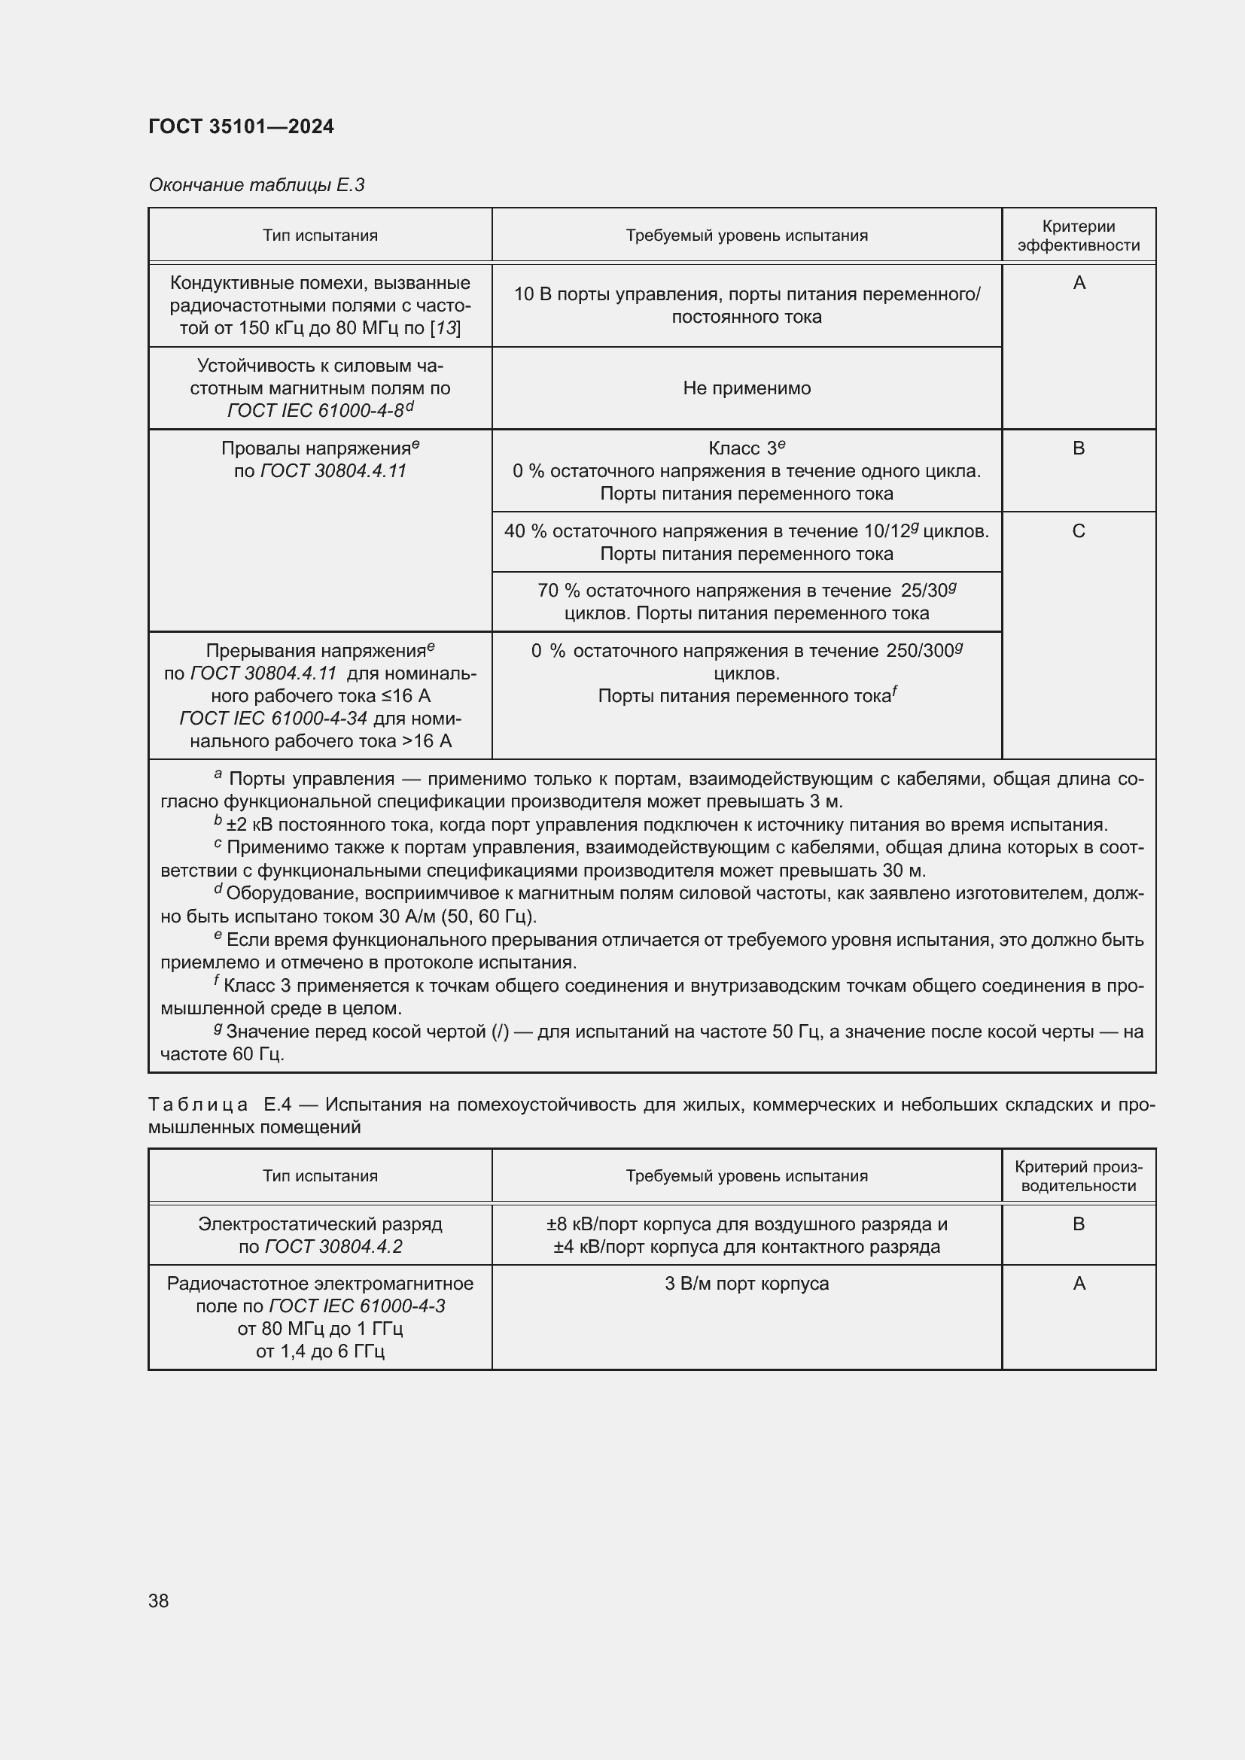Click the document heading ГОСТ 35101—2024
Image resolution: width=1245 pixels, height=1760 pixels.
coord(241,126)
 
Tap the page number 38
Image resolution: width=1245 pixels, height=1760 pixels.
coord(159,1600)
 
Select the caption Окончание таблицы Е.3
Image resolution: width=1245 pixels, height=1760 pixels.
coord(256,185)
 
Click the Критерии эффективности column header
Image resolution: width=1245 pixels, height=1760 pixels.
coord(1078,236)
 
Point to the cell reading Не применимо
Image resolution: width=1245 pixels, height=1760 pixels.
coord(746,388)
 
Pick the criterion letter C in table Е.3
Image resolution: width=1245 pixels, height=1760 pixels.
coord(1078,531)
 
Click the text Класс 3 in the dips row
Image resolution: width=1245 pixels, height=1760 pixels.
coord(741,448)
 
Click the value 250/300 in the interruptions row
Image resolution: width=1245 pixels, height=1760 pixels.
coord(919,651)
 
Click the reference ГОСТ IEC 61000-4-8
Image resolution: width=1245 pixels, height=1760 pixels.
coord(315,411)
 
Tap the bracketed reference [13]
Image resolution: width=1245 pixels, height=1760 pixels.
coord(446,328)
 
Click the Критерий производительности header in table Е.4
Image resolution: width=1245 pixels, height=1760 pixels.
coord(1078,1176)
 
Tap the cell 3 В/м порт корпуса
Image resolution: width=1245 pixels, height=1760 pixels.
coord(746,1283)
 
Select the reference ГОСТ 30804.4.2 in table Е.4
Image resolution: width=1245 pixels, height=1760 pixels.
coord(333,1246)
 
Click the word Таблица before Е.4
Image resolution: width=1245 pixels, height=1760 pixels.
coord(198,1105)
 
